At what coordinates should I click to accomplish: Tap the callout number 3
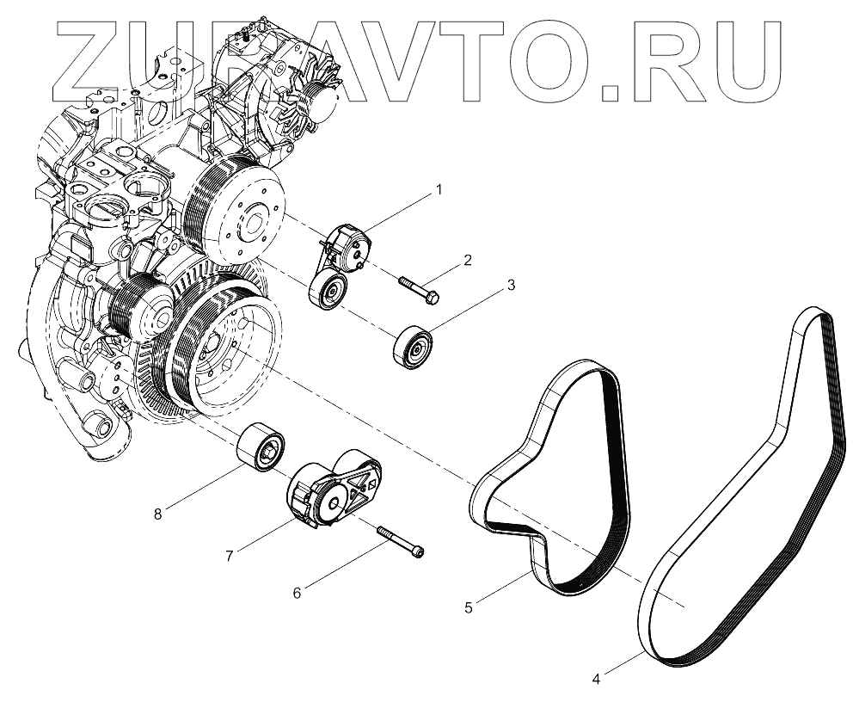[x=511, y=284]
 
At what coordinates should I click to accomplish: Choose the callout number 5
[x=469, y=607]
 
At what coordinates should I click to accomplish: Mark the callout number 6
[x=298, y=593]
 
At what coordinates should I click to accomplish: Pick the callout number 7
[x=230, y=556]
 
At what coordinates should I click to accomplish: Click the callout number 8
[x=157, y=514]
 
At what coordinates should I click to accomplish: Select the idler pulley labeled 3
[x=413, y=348]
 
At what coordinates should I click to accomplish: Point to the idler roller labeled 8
[x=262, y=447]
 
